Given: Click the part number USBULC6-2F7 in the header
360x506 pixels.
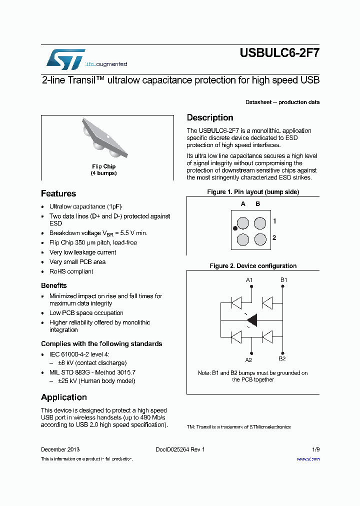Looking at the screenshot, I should pos(279,52).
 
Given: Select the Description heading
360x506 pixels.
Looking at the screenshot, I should pos(210,117).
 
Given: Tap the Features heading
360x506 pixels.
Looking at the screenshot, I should pos(58,193).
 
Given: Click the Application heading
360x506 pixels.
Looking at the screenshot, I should pos(64,397).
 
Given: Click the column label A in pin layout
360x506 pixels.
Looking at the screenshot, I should pos(243,204).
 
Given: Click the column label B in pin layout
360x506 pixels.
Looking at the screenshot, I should pos(258,204).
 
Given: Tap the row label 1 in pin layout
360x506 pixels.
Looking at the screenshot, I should pos(274,221).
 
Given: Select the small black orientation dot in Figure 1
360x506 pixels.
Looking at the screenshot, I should pos(234,228).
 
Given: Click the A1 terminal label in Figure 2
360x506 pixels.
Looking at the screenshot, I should pos(249,279).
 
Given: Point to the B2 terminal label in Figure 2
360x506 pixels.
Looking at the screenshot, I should pos(282,358).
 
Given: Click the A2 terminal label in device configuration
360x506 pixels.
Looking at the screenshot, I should pos(248,359).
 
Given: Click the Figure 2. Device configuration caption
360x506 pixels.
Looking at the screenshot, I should pos(253,266).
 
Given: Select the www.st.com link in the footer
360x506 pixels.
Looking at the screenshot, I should pos(308,458).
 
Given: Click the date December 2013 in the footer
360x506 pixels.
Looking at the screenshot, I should pos(60,449).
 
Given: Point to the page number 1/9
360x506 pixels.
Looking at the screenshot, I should pos(315,449).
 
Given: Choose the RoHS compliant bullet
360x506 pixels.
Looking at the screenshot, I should pos(71,271).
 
